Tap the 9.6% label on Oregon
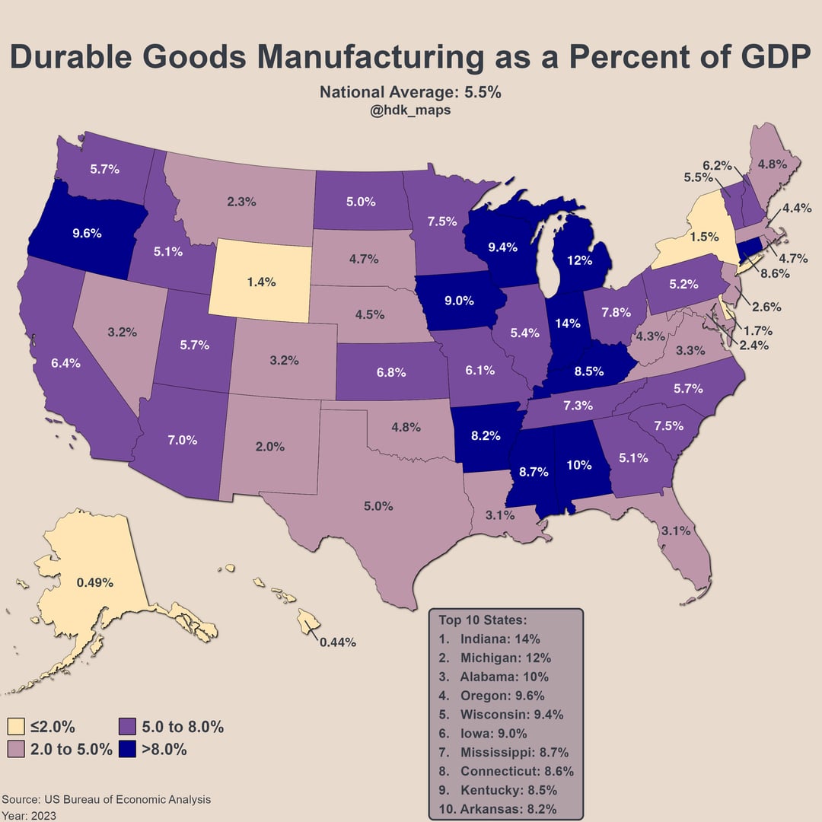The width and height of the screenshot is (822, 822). click(x=88, y=233)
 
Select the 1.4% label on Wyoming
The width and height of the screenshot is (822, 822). click(x=262, y=282)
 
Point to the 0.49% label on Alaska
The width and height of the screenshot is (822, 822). click(x=95, y=583)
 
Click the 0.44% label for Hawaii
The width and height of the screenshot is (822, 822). click(x=338, y=642)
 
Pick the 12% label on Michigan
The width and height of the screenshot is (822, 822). click(x=580, y=260)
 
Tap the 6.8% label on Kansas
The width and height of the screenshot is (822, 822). click(x=391, y=373)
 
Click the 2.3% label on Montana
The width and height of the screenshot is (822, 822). click(x=242, y=202)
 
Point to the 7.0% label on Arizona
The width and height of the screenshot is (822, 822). click(x=183, y=440)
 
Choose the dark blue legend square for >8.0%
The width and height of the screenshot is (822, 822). click(x=127, y=749)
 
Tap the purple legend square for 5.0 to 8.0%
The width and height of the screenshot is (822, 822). click(x=127, y=727)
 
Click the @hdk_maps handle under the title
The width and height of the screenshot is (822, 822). click(x=410, y=110)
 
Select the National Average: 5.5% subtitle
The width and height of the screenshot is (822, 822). click(x=410, y=93)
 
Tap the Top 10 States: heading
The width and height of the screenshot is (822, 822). click(x=483, y=620)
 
